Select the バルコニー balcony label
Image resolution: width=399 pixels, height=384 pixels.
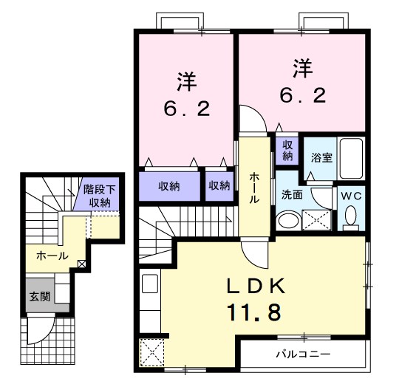(x=303, y=354)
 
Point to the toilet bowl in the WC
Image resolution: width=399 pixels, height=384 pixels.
(x=349, y=216)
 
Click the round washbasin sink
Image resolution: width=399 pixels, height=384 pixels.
(x=287, y=220)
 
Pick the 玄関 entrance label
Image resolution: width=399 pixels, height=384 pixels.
(x=40, y=297)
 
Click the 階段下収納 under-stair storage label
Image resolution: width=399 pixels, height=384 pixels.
(x=99, y=196)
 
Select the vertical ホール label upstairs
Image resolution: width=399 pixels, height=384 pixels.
(x=253, y=188)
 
